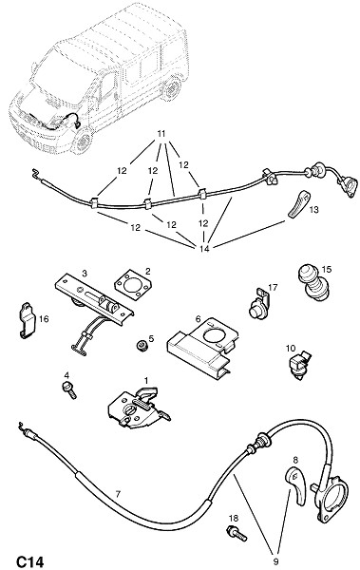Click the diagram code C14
(29, 561)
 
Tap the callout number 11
(161, 134)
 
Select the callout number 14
(205, 249)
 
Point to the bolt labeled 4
(69, 390)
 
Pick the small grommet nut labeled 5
(142, 345)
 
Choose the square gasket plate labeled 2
(133, 287)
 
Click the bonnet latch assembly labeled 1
(139, 408)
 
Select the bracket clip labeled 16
(27, 320)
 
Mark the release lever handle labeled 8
(296, 486)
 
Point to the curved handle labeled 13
(299, 203)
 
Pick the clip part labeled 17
(259, 303)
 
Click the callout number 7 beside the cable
(118, 494)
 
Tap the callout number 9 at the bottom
(275, 561)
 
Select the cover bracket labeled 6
(202, 348)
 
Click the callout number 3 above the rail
(85, 274)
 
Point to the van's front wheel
(82, 141)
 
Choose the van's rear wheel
(171, 88)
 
